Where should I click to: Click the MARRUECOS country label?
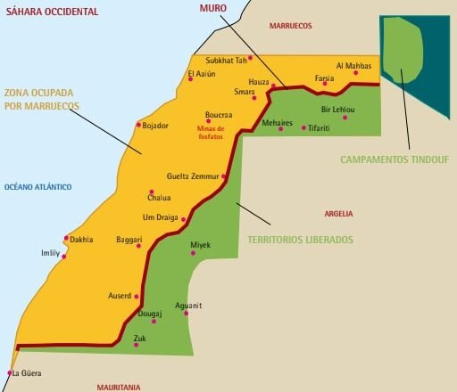tap(291, 26)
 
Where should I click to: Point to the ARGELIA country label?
tap(338, 214)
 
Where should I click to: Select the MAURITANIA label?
tap(119, 387)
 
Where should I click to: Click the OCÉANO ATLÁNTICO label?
tap(37, 187)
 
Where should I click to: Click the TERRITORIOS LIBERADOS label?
tap(300, 240)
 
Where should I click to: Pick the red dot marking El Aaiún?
tap(190, 80)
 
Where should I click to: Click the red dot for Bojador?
tap(138, 124)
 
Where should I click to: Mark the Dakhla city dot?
tap(66, 237)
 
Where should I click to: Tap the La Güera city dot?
tap(10, 372)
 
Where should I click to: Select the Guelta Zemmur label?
tap(192, 176)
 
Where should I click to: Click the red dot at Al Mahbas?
tap(355, 72)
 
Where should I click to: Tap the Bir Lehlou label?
tap(337, 110)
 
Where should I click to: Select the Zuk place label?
tap(139, 338)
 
